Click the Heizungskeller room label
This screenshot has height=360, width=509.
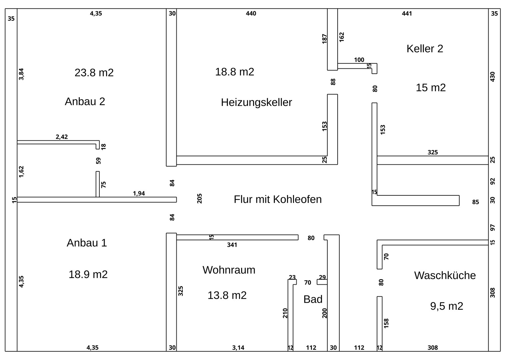point(256,103)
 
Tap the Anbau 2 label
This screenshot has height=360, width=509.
point(85,101)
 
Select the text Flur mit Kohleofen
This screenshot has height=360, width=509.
point(278,199)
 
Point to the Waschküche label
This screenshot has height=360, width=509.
point(445,275)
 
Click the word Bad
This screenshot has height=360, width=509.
point(313,299)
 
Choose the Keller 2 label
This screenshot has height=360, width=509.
point(425,49)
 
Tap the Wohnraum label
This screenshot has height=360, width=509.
point(229,270)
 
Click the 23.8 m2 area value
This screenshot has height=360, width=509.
point(94,73)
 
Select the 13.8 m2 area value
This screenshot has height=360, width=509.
point(227,295)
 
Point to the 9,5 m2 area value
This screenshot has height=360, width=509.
point(447,306)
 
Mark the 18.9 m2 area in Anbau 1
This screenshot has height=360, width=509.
point(88,274)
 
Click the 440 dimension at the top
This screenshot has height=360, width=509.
point(251,13)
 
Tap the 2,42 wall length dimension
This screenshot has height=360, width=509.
point(62,137)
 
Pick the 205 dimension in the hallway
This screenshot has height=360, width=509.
point(199,198)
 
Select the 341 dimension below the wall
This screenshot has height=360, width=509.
point(232,245)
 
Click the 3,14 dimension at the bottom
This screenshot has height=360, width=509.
point(238,348)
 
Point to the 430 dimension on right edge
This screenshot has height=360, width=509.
point(492,77)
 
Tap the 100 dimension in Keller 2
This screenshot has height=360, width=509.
point(359,60)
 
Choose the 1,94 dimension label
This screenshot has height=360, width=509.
point(139,193)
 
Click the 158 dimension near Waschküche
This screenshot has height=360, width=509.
point(386,323)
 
